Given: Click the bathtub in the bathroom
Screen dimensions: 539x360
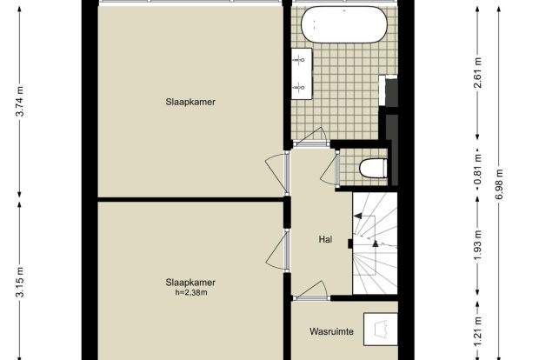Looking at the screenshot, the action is click(x=344, y=25).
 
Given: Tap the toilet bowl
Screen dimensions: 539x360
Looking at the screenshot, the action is click(x=373, y=168).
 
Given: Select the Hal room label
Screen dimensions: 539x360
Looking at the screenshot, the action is click(x=325, y=239).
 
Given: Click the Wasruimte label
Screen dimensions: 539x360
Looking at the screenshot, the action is click(x=331, y=332).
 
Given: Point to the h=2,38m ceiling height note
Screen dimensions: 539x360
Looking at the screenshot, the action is click(x=190, y=293).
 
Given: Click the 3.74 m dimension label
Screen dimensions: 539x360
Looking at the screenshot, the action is click(x=20, y=102).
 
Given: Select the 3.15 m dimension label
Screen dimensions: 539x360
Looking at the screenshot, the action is click(x=20, y=281).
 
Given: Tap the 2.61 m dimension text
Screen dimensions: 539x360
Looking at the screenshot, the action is click(x=477, y=73).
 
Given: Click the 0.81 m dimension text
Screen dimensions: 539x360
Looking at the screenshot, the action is click(x=477, y=170).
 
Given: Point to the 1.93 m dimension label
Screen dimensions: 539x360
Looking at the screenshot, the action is click(x=477, y=245).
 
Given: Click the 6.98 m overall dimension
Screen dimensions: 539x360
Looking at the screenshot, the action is click(x=500, y=183).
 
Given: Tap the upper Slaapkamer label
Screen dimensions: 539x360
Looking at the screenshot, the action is click(x=190, y=102).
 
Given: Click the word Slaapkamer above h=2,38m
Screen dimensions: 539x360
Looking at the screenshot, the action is click(x=190, y=283).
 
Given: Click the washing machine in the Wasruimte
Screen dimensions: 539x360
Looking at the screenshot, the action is click(x=381, y=329).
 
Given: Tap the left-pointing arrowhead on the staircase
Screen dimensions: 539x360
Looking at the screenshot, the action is click(x=358, y=216).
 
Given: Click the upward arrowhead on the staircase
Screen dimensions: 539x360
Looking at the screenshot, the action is click(x=376, y=243).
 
